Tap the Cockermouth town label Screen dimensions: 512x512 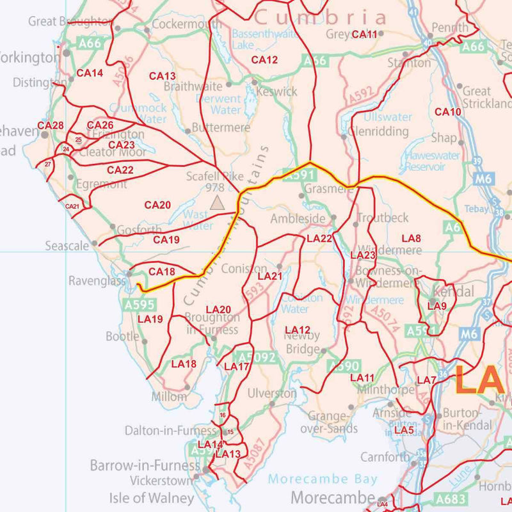pyautogui.click(x=181, y=25)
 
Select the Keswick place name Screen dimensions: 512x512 pyautogui.click(x=276, y=92)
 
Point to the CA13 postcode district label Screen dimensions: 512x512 pyautogui.click(x=163, y=76)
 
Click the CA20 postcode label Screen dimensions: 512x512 pyautogui.click(x=157, y=205)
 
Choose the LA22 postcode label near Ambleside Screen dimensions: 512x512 pyautogui.click(x=319, y=238)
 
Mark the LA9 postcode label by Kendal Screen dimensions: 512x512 pyautogui.click(x=436, y=306)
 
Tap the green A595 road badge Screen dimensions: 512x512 pyautogui.click(x=140, y=305)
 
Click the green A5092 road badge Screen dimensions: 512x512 pyautogui.click(x=256, y=358)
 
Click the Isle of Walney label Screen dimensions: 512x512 pyautogui.click(x=152, y=497)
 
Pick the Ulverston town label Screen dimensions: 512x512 pyautogui.click(x=272, y=392)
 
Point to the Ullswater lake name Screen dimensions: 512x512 pyautogui.click(x=388, y=117)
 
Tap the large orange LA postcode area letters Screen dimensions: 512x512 pyautogui.click(x=479, y=380)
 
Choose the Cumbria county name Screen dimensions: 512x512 pyautogui.click(x=321, y=17)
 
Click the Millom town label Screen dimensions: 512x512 pyautogui.click(x=170, y=397)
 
